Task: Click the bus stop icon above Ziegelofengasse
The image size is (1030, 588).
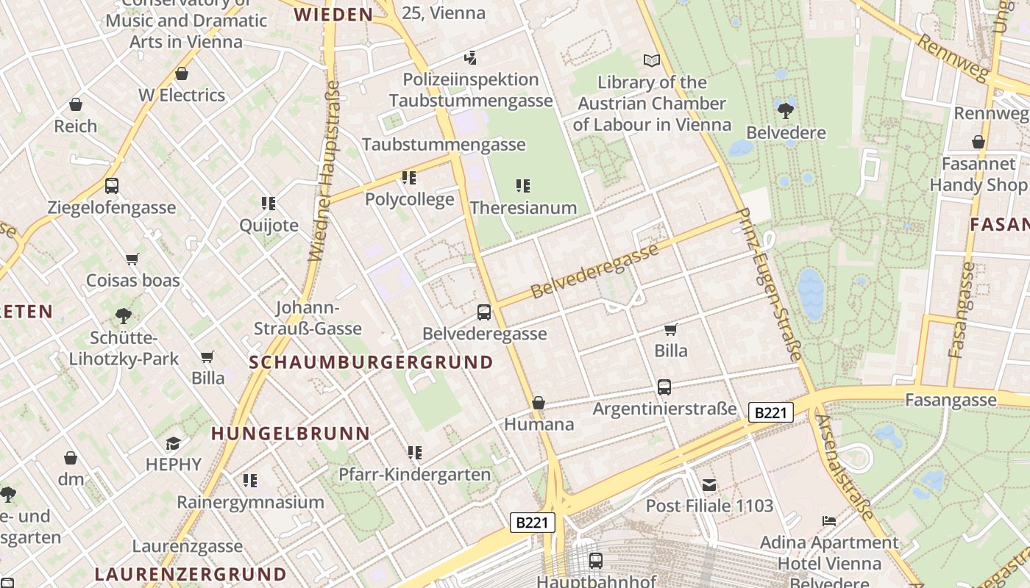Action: tap(112, 186)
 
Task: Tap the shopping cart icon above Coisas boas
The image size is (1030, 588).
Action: tap(132, 259)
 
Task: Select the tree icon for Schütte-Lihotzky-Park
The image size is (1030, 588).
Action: tap(124, 316)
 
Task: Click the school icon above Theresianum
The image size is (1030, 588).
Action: tap(522, 186)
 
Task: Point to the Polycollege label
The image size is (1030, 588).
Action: tap(410, 200)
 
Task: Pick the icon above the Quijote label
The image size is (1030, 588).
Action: tap(269, 203)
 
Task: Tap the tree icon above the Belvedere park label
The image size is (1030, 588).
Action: tap(785, 111)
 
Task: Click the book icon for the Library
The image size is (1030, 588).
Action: tap(651, 60)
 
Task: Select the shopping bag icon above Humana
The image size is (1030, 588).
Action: tap(539, 403)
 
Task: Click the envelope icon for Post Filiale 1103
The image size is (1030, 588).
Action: tap(709, 484)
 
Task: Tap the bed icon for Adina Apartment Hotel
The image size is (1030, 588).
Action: tap(829, 521)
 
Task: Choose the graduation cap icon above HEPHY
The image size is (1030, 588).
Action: tap(173, 443)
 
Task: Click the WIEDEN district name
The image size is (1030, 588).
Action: tap(333, 15)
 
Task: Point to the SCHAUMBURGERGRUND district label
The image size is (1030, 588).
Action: tap(371, 362)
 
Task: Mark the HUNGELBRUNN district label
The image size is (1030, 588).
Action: tap(290, 434)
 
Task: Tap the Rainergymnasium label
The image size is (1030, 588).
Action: tap(250, 503)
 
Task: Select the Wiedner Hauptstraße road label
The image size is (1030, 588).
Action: tap(324, 171)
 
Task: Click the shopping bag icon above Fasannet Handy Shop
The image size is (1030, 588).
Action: tap(979, 142)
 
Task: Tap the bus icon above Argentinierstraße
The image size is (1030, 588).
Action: tap(664, 387)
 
